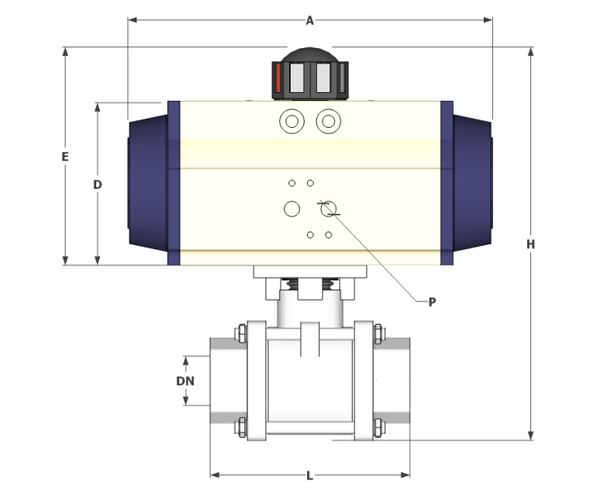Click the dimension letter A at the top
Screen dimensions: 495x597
309,21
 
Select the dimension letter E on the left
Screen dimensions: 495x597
66,156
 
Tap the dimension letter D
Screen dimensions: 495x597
98,184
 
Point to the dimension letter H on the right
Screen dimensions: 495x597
531,244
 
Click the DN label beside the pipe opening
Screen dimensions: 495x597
185,380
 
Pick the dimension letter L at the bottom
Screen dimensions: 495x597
309,475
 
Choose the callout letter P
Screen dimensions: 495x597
432,301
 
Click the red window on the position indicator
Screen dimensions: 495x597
278,79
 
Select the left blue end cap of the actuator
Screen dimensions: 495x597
148,183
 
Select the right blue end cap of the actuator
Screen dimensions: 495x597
471,183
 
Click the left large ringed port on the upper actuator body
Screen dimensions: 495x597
292,122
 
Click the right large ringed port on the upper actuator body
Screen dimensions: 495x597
329,122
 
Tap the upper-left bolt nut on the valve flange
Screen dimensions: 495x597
240,335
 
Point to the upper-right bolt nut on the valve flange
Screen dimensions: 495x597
378,335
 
